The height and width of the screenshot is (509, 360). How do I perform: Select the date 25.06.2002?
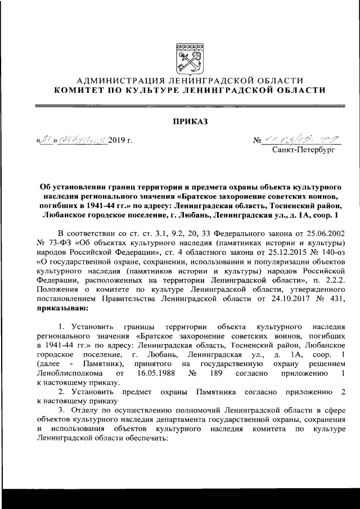pos(321,234)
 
